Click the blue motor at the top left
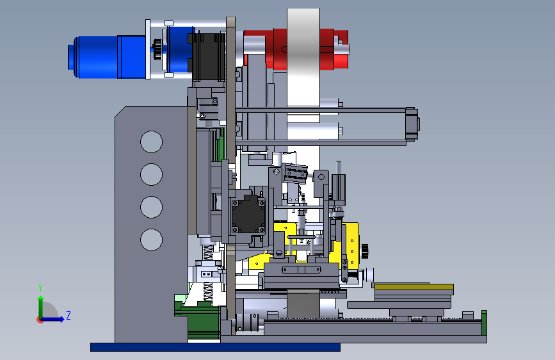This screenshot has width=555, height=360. click(107, 57)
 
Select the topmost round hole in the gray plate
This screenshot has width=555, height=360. click(151, 142)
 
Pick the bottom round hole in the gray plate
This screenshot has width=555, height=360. click(151, 240)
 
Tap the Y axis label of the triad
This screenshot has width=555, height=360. click(40, 288)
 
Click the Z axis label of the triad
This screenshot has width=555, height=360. click(68, 315)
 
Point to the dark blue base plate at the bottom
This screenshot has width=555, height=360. click(215, 347)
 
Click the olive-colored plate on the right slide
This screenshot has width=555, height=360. click(414, 286)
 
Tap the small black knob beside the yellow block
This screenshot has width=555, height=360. click(365, 251)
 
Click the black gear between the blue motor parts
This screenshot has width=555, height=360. click(157, 49)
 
